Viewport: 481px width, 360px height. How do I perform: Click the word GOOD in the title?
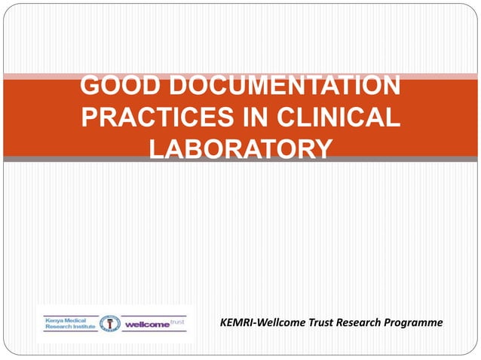tap(115, 86)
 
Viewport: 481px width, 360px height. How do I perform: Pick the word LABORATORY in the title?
tap(240, 148)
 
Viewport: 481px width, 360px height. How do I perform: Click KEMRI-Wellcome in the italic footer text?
tap(257, 322)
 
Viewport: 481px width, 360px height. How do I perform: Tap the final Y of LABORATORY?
tap(322, 148)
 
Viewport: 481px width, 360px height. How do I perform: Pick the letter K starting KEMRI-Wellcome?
tap(223, 322)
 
